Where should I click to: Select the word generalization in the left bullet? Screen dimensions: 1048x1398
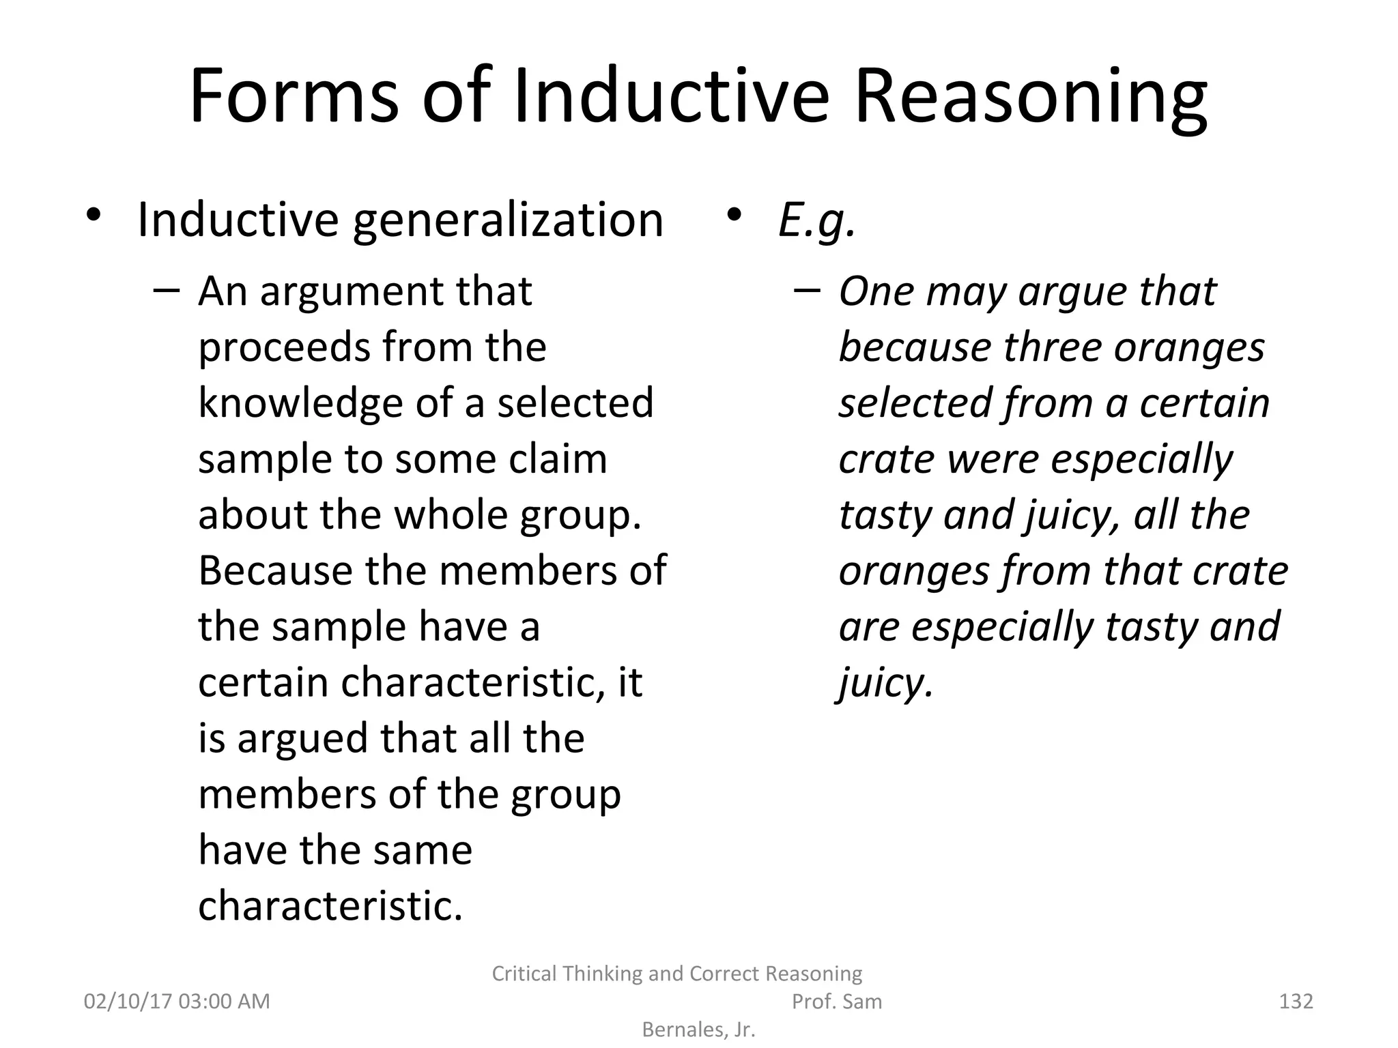click(x=508, y=220)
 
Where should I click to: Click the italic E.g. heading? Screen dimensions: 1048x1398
click(x=816, y=220)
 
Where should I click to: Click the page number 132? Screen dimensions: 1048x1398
click(x=1296, y=1001)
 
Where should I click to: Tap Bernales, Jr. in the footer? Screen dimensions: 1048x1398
click(x=699, y=1030)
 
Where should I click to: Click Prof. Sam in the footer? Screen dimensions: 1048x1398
click(x=836, y=1001)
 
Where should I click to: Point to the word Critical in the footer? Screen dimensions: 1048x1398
click(x=526, y=973)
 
